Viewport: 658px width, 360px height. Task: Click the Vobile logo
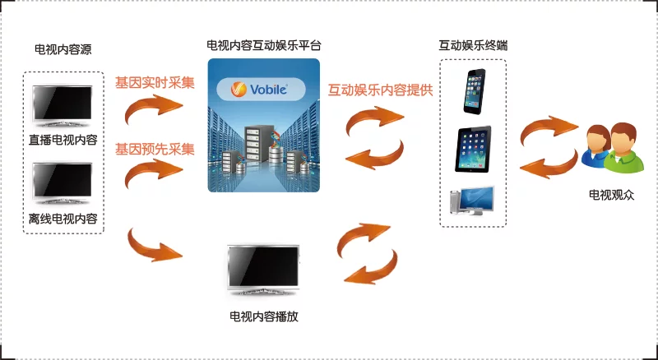click(261, 89)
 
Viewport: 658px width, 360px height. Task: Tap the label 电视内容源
click(63, 50)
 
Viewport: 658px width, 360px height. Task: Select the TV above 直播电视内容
click(63, 106)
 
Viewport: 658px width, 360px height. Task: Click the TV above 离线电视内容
click(63, 183)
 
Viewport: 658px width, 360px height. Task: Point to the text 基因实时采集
click(155, 83)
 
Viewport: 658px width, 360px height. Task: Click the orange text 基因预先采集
click(155, 149)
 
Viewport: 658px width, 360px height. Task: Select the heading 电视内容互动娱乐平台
click(264, 45)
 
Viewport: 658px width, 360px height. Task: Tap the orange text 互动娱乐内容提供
click(380, 90)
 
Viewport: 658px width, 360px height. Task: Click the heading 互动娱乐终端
click(473, 45)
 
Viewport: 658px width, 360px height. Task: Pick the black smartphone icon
click(475, 91)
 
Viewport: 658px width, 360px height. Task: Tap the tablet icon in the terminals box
click(473, 149)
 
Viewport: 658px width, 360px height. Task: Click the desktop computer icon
click(472, 201)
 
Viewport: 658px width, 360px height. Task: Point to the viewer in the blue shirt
click(595, 146)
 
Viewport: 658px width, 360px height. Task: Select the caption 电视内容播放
click(264, 316)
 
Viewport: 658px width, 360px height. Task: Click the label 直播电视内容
click(63, 140)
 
